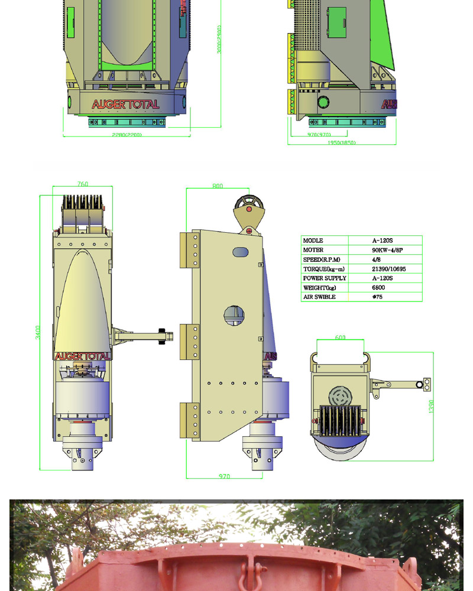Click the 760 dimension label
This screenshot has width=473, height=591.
[83, 184]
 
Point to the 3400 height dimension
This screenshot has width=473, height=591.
[38, 332]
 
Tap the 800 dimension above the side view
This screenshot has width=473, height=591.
[218, 186]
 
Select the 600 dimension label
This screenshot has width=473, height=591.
[340, 337]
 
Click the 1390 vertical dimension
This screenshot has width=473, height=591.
[431, 406]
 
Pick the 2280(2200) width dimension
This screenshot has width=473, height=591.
[127, 135]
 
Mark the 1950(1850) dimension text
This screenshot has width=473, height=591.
[342, 142]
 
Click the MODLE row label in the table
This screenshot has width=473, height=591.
[313, 241]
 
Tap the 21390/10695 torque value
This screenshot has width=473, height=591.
[389, 269]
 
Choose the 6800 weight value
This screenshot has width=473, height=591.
[378, 287]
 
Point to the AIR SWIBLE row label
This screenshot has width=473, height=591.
[319, 297]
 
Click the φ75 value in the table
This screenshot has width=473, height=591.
[377, 297]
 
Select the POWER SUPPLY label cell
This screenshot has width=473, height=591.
[325, 278]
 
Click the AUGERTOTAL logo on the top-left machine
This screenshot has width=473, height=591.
[125, 105]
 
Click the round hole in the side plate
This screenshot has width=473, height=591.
[235, 316]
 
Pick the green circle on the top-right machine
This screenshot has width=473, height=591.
[323, 102]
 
